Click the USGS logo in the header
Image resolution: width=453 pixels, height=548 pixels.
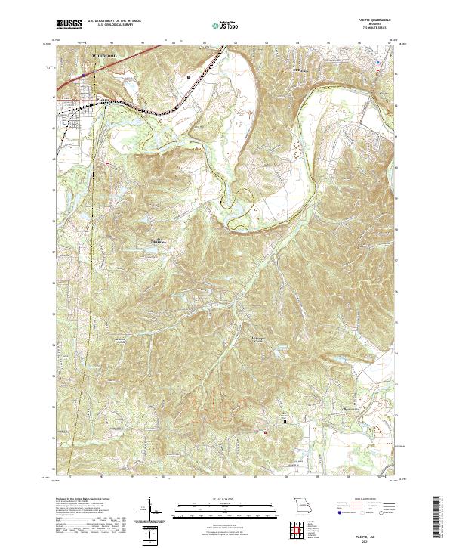(x=68, y=24)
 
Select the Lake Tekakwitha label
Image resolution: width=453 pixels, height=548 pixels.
(x=153, y=241)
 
